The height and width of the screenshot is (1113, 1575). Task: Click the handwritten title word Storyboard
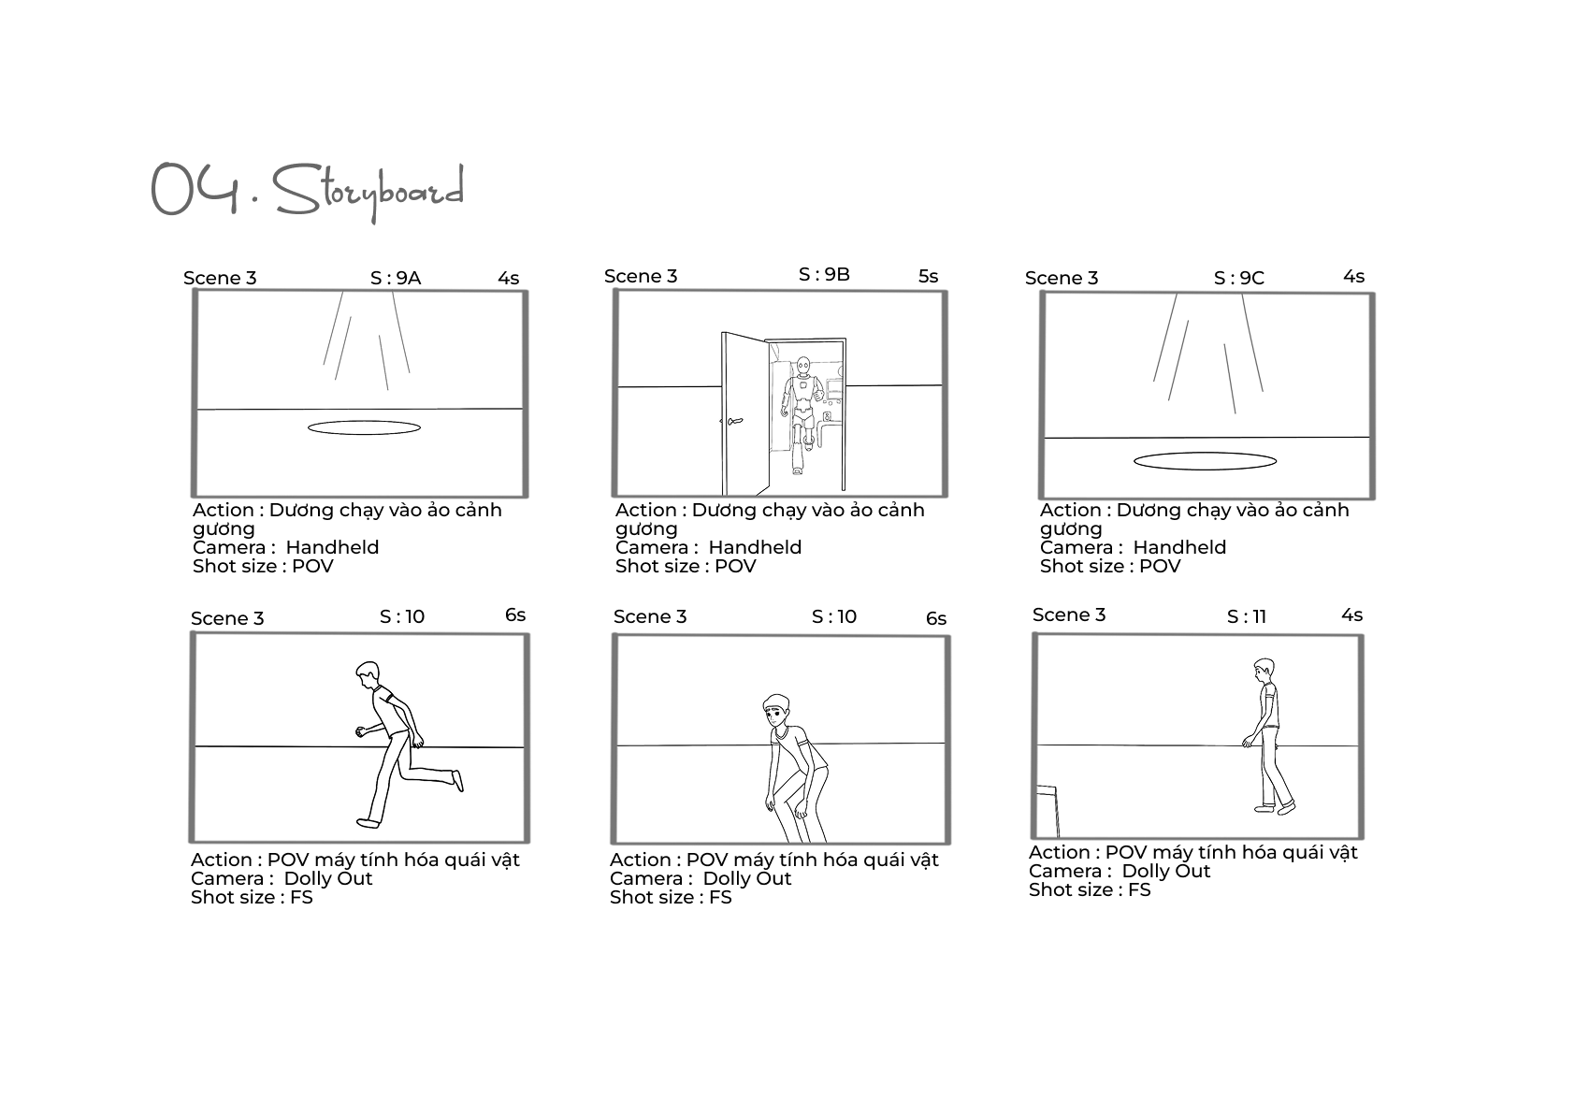coord(368,191)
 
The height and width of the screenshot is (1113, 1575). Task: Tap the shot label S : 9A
coord(396,279)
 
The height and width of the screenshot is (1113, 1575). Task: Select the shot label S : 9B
coord(824,275)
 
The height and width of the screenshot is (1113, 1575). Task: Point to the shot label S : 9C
coord(1239,279)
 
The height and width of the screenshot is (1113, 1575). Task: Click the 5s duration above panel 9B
coord(928,276)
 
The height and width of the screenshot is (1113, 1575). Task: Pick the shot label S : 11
coord(1247,617)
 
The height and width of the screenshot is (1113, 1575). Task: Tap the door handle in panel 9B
coord(732,421)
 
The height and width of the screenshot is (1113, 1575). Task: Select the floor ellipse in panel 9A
coord(364,427)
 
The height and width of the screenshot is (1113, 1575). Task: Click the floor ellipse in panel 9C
coord(1206,461)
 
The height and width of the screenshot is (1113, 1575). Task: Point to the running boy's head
coord(368,674)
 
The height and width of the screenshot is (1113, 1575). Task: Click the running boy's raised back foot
coord(457,780)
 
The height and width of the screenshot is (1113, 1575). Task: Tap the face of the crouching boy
coord(774,715)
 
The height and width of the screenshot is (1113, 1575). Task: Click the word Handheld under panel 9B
coord(755,548)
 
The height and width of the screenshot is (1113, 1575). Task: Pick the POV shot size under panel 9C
coord(1160,567)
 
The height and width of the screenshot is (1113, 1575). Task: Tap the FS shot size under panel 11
coord(1139,890)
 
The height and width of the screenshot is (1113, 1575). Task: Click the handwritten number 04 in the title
coord(195,188)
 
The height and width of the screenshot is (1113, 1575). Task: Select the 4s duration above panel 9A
coord(509,279)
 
